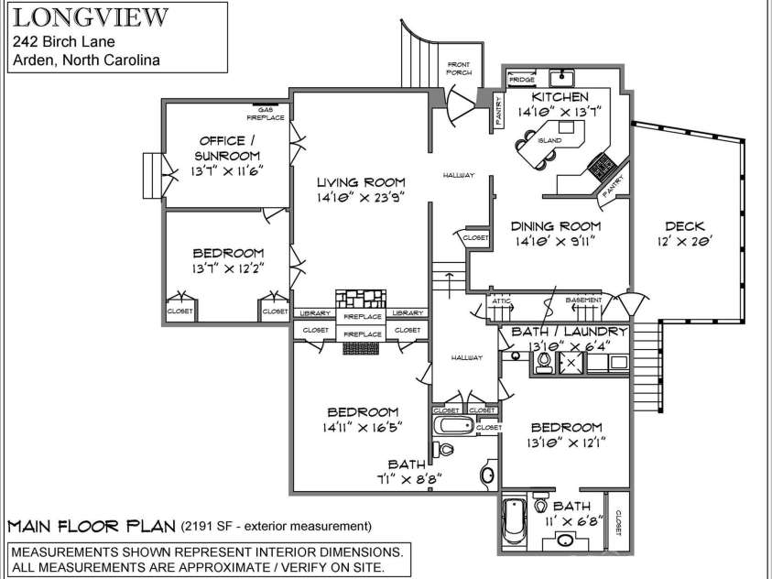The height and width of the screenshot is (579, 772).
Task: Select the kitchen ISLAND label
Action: (549, 140)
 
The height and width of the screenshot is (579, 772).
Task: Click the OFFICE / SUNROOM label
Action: (222, 148)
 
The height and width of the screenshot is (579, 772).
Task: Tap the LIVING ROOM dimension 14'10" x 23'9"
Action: (360, 196)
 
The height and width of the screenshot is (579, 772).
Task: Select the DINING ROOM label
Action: (556, 226)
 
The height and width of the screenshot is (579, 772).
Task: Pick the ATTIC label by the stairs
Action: (501, 300)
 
